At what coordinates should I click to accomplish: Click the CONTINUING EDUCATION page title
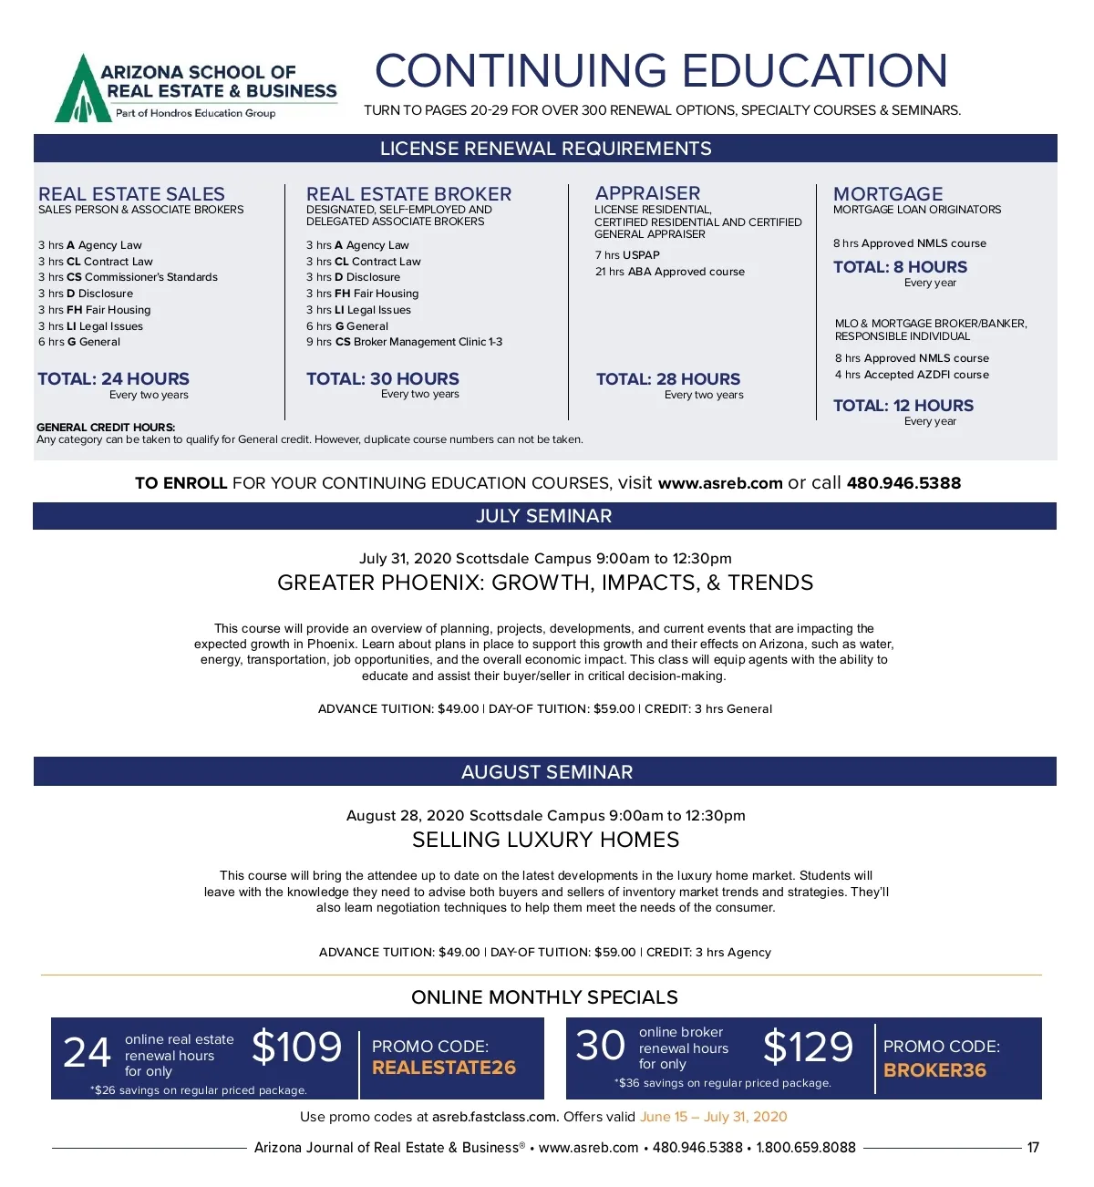661,71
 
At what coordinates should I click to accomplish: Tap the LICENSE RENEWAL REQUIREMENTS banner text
545,149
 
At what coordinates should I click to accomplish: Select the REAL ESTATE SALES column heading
131,194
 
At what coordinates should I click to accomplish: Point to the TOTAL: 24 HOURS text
113,378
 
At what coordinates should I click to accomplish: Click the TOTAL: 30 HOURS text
382,378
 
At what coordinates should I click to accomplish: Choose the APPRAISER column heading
647,193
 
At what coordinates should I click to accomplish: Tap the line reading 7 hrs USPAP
627,255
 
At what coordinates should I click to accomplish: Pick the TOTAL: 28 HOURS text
667,379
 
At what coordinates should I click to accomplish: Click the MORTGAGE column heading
888,194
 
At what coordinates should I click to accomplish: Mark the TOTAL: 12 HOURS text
903,406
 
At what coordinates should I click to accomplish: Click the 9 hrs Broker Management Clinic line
404,342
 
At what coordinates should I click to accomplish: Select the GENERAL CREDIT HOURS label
106,427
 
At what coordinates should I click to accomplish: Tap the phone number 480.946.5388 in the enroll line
903,483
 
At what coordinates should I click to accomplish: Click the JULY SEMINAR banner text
543,516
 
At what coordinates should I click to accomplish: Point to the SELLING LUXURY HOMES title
545,840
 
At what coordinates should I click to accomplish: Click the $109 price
296,1047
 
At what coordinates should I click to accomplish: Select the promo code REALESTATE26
443,1068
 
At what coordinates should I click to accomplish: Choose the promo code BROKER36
934,1070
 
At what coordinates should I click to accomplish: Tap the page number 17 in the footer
1033,1148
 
